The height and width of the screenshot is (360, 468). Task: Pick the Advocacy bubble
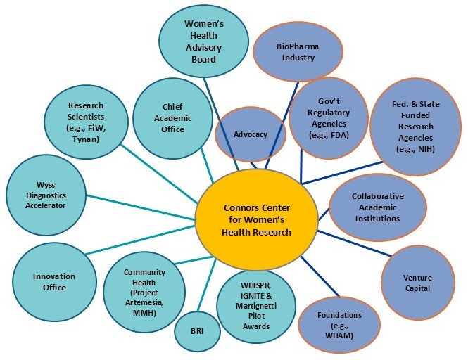point(251,134)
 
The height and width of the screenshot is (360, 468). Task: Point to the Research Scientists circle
point(85,115)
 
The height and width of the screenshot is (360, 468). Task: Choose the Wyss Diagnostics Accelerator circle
point(46,195)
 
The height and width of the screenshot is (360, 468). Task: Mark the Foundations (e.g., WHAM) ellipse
point(340,324)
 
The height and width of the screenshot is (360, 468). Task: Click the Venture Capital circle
point(417,282)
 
